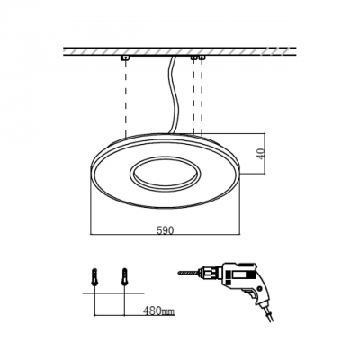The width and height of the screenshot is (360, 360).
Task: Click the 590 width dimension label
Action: point(166,230)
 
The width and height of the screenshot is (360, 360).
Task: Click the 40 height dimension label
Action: point(261,154)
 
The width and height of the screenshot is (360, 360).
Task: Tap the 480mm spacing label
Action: point(157,310)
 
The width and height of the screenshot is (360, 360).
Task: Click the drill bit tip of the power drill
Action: point(179,273)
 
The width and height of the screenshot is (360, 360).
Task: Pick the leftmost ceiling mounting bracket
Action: point(125,58)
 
